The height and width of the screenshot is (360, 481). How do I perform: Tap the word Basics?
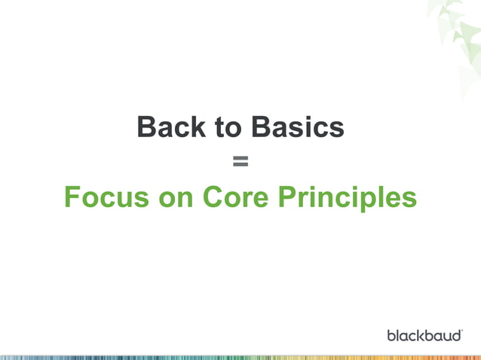coord(298,127)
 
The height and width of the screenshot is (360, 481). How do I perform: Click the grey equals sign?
coord(240,161)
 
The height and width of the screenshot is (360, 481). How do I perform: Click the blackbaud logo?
coord(424,334)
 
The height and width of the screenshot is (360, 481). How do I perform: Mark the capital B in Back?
coord(148,127)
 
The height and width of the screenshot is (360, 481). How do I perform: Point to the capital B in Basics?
coord(262,127)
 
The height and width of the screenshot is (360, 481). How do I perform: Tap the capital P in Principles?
coord(288,197)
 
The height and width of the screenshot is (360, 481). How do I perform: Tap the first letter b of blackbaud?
coord(391,334)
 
